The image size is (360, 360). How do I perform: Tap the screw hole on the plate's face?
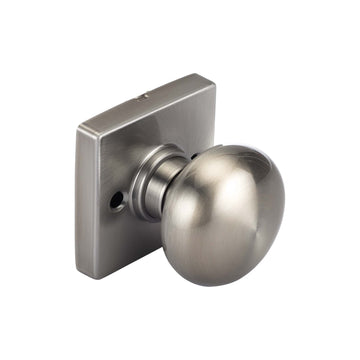click(x=118, y=200)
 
